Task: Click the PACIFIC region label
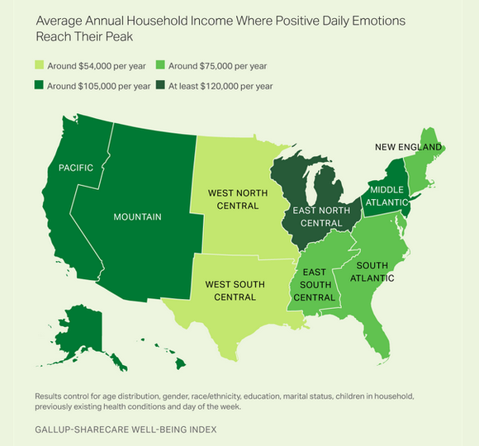76,168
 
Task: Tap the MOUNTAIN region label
136,217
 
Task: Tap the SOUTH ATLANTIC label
374,272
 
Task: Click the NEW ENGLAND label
407,147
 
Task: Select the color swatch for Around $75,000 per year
162,65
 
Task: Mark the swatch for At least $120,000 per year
162,86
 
